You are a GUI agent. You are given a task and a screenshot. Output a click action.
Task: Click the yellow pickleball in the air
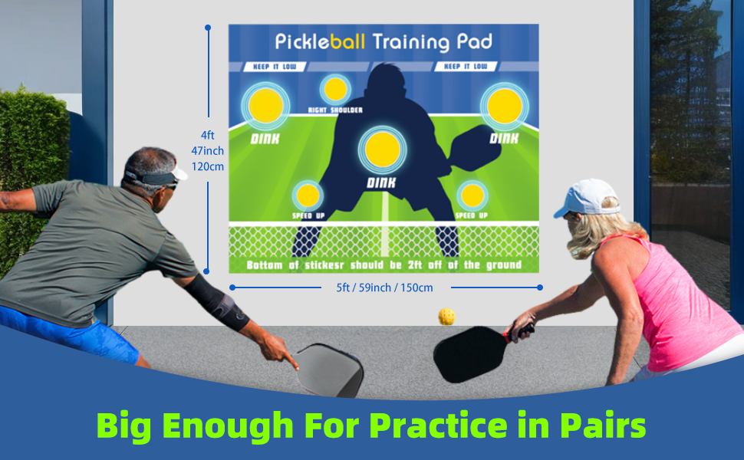point(446,316)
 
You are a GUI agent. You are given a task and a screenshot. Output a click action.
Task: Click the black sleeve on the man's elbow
point(218,301)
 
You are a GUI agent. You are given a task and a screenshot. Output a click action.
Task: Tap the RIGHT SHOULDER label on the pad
point(335,110)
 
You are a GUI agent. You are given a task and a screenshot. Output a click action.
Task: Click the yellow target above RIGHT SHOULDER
point(335,90)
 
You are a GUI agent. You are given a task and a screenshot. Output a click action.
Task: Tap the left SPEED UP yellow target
point(308,196)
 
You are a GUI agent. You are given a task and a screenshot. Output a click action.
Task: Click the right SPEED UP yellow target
point(471,196)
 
